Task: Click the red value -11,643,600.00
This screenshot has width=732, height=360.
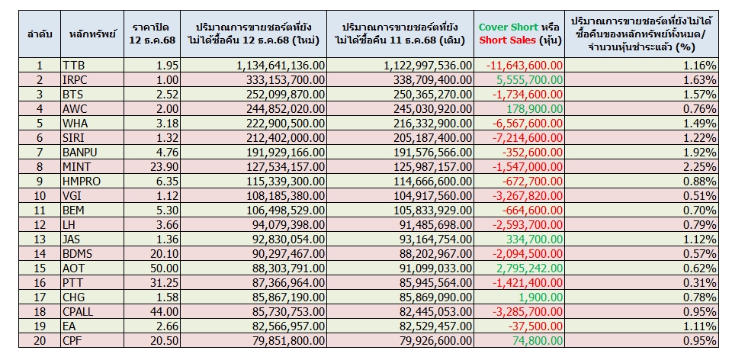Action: pyautogui.click(x=525, y=66)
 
